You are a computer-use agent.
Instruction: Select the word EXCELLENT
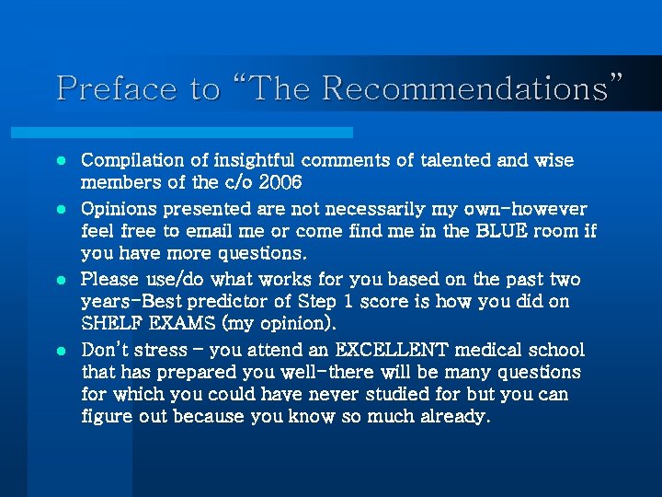click(393, 351)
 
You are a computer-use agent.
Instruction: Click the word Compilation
click(131, 161)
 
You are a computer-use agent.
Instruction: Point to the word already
click(453, 417)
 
